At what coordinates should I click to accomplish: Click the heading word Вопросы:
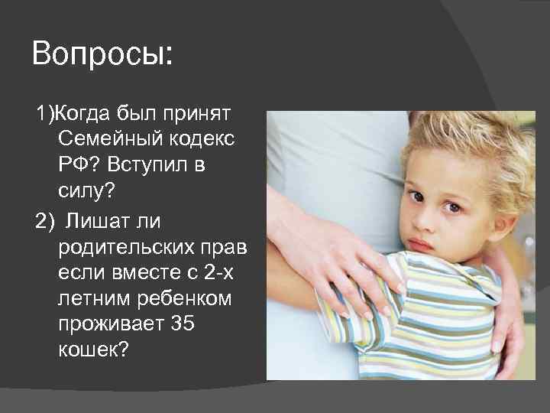tap(102, 56)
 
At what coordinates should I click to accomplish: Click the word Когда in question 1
tap(82, 115)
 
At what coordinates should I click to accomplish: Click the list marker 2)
tap(45, 220)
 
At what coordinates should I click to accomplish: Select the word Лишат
tap(92, 220)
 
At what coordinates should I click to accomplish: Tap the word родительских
tap(127, 246)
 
